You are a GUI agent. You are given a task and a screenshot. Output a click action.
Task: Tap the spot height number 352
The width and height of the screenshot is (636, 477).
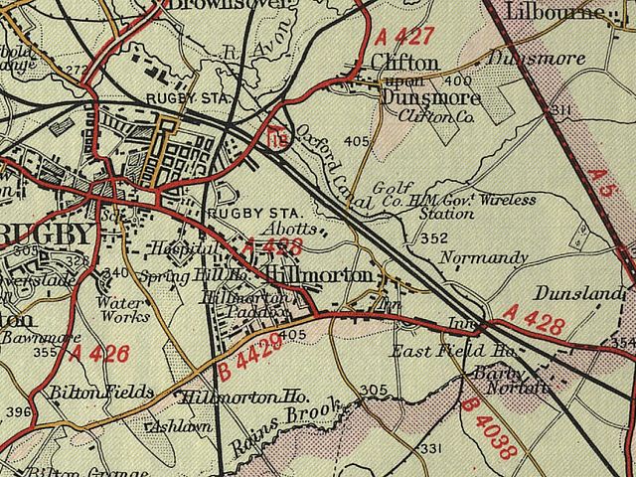(x=433, y=238)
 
